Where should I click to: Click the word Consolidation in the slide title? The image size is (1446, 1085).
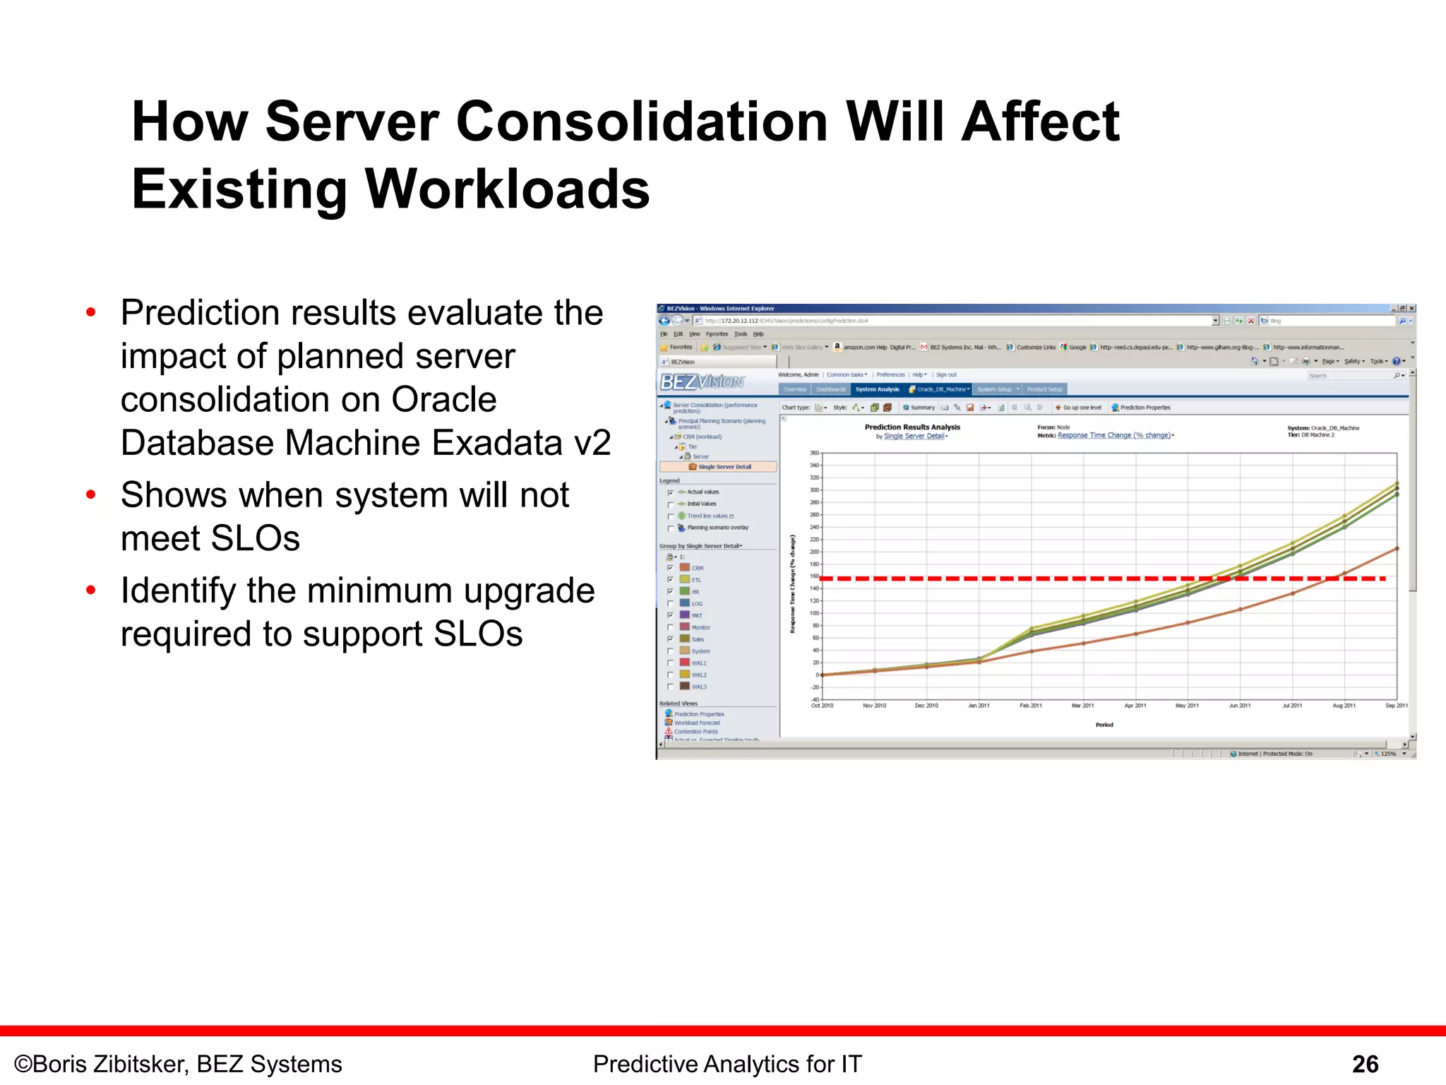[642, 122]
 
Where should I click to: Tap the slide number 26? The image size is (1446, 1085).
[1365, 1064]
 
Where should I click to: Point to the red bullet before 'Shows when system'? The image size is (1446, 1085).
[90, 494]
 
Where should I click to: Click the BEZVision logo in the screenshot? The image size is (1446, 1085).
[702, 382]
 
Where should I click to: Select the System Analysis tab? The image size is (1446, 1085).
[877, 389]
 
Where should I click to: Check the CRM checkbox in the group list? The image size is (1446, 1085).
[670, 568]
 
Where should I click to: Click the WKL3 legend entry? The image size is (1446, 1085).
[698, 687]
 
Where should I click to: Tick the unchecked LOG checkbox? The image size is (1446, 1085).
[670, 604]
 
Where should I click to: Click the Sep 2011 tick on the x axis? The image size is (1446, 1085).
[1396, 706]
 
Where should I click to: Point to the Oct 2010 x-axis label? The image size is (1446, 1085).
[822, 706]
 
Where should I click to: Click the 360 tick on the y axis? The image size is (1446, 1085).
[814, 453]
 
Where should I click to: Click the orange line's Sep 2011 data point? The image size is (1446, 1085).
[1397, 549]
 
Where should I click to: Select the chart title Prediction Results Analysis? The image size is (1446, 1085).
[912, 427]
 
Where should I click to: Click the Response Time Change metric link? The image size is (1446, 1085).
[1114, 436]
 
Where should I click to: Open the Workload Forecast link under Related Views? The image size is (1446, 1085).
[697, 723]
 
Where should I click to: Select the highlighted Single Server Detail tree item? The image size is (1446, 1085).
[724, 467]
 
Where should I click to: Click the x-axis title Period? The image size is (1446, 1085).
[1104, 725]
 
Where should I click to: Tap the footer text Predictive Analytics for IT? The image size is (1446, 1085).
[727, 1064]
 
